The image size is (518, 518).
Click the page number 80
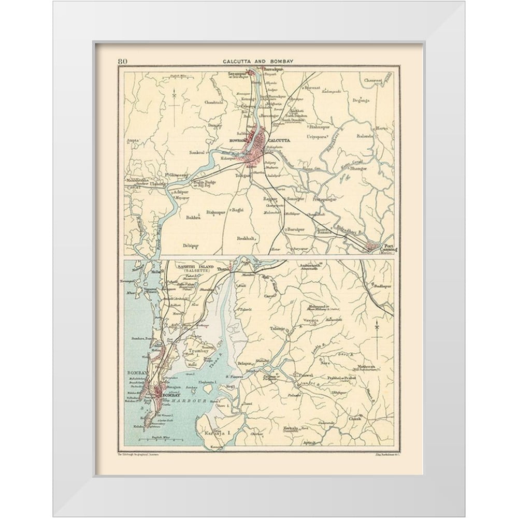click(123, 61)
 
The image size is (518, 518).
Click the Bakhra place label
click(192, 218)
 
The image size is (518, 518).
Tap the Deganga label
click(361, 100)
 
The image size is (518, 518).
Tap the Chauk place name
click(355, 418)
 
